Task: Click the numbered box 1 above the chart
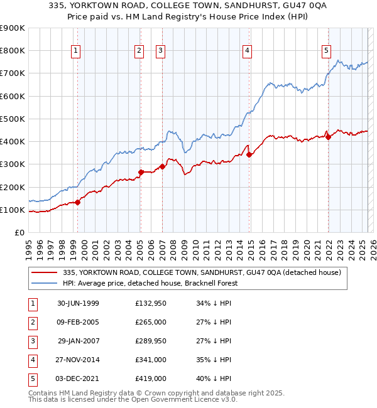[x=75, y=51]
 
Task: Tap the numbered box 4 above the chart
[x=248, y=51]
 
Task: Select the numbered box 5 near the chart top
[x=327, y=51]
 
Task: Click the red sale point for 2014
[x=249, y=154]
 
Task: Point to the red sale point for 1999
[x=78, y=202]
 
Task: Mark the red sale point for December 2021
[x=329, y=137]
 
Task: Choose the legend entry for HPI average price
[x=158, y=283]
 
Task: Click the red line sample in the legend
[x=44, y=272]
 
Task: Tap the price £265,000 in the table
[x=151, y=322]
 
